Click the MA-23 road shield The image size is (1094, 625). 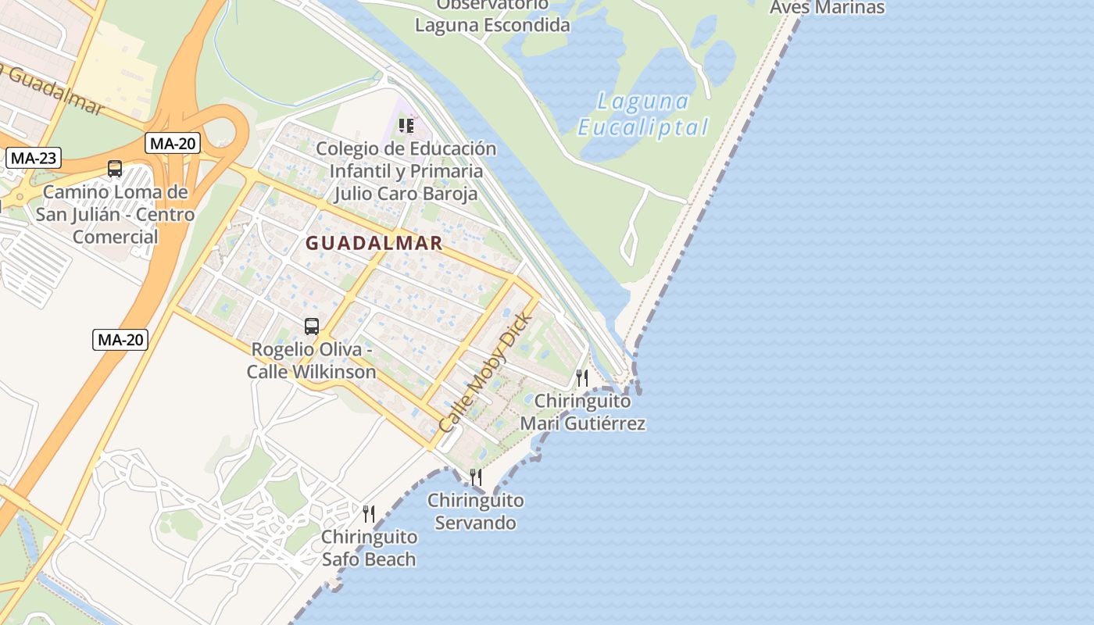(34, 158)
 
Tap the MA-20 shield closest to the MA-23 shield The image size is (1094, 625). (173, 143)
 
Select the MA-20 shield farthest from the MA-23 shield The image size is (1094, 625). (120, 339)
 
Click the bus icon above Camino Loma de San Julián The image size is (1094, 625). (115, 168)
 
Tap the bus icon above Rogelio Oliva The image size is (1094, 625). (312, 326)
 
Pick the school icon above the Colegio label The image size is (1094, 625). (406, 125)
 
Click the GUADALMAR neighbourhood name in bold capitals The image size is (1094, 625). (374, 243)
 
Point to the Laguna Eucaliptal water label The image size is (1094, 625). (643, 115)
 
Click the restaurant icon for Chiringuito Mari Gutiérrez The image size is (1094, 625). (582, 378)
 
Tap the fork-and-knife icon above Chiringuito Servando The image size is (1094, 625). (475, 477)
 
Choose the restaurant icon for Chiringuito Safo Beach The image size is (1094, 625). (369, 513)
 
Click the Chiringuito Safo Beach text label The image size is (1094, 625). (369, 548)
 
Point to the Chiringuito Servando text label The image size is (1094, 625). (476, 511)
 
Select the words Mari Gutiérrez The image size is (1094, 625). (583, 423)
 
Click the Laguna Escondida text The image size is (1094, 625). (492, 25)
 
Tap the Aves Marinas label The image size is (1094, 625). (827, 8)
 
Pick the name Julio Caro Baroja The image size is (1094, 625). (406, 193)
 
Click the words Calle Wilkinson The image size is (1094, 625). (312, 371)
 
